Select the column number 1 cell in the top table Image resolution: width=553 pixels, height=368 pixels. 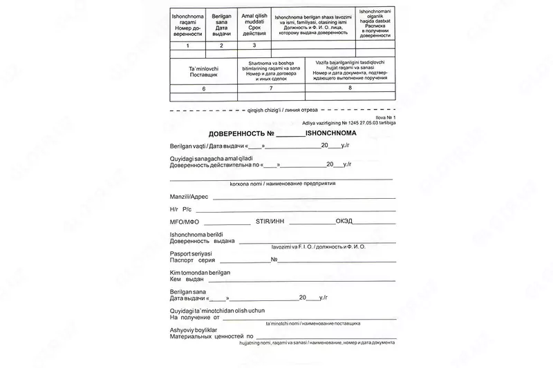pyautogui.click(x=187, y=46)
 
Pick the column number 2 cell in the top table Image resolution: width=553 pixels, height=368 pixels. pyautogui.click(x=221, y=46)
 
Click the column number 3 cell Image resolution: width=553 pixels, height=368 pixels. pyautogui.click(x=254, y=46)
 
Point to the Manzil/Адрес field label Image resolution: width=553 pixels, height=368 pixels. pyautogui.click(x=189, y=197)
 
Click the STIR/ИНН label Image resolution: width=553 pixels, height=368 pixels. pyautogui.click(x=270, y=222)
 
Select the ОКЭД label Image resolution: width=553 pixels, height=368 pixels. pyautogui.click(x=344, y=222)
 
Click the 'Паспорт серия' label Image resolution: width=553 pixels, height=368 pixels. pyautogui.click(x=192, y=261)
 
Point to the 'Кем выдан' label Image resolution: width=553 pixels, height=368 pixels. pyautogui.click(x=187, y=280)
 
